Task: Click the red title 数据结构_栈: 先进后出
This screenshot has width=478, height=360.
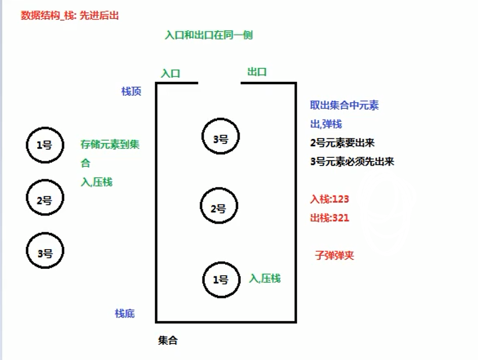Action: [x=70, y=16]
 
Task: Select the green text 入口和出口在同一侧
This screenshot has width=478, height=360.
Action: [x=209, y=35]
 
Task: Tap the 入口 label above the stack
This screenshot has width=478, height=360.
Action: [x=171, y=74]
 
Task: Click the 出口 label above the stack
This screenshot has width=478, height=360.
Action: [x=257, y=72]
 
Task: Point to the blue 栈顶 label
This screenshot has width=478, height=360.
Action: [x=131, y=91]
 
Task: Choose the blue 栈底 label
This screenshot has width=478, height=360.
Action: [x=125, y=314]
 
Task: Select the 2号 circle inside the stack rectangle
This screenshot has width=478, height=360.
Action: [x=218, y=208]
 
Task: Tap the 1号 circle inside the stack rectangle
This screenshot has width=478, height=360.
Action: [x=220, y=280]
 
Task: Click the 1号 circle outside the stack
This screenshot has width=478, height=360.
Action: [x=45, y=145]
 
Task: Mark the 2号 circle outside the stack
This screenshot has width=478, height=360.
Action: [x=45, y=200]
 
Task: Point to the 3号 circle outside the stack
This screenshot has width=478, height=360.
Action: [x=45, y=252]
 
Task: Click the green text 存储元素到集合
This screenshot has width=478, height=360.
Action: [x=110, y=145]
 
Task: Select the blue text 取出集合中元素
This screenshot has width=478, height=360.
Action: [x=345, y=105]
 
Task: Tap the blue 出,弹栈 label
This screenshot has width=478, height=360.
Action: [x=326, y=124]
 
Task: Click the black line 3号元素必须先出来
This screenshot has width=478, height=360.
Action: [x=352, y=161]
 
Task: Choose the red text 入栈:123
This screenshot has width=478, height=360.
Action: [x=329, y=199]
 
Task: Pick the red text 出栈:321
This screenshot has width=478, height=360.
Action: [x=329, y=218]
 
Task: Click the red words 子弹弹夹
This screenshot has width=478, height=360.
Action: [x=334, y=255]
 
